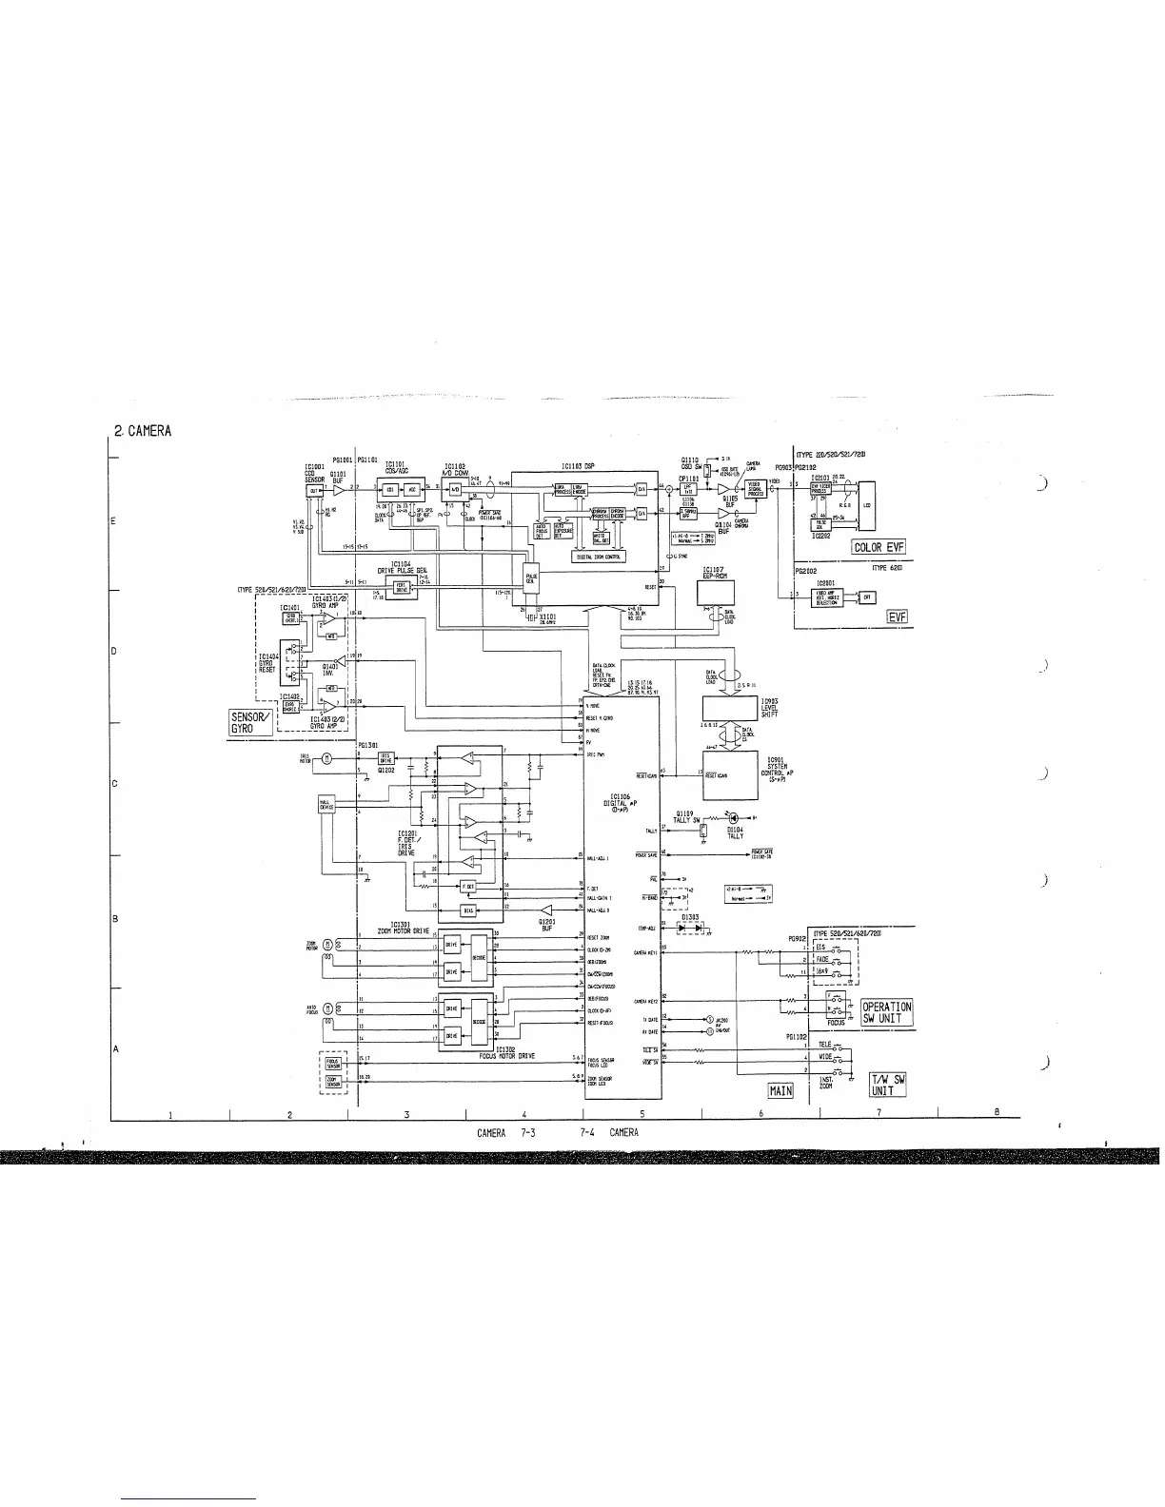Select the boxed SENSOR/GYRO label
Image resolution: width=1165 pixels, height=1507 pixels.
(249, 722)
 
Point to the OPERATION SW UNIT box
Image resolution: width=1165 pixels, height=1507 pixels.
(887, 1012)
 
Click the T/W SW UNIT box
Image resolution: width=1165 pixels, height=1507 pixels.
(887, 1085)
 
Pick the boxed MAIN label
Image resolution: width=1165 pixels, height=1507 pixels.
(780, 1090)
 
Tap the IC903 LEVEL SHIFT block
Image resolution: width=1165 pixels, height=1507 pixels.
(729, 708)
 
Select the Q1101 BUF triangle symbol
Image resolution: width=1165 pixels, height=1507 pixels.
(338, 489)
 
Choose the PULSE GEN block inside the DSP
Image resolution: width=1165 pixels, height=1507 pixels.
(531, 577)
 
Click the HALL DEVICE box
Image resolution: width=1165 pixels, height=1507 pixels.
(327, 805)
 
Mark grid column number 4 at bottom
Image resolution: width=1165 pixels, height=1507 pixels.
(524, 1114)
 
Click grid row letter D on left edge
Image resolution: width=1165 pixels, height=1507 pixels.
(115, 652)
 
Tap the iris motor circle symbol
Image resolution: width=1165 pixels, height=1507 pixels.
(327, 758)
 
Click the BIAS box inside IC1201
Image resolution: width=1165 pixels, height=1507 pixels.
(467, 910)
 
